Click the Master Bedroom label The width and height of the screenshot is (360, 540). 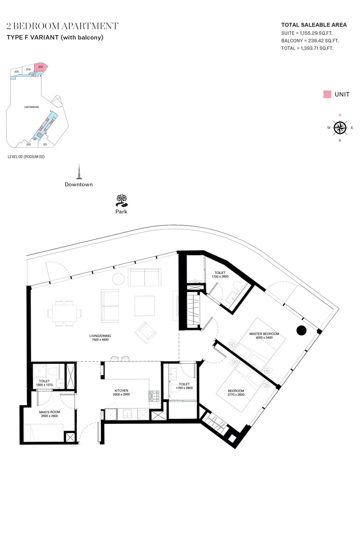[x=264, y=333]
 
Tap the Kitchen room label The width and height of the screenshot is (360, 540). [x=121, y=390]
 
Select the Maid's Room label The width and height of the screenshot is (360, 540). [x=49, y=412]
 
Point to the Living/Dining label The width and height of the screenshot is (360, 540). [x=100, y=336]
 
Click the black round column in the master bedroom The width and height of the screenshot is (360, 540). [x=301, y=330]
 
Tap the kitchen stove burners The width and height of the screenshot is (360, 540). [x=154, y=396]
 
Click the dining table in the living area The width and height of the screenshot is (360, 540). [x=64, y=313]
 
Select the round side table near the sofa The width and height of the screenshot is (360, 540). [x=118, y=279]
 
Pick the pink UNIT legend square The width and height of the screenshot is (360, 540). [x=327, y=94]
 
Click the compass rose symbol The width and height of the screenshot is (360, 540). [x=340, y=128]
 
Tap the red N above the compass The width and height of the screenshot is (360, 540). [x=340, y=115]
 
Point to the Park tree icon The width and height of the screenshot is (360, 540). [x=121, y=201]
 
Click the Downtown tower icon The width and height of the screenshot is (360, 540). [x=79, y=171]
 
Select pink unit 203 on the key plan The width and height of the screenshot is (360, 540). [x=40, y=68]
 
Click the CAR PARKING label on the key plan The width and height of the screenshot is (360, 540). [x=31, y=107]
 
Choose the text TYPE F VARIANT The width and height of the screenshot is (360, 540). [x=33, y=37]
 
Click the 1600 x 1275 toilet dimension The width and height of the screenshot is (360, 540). [x=45, y=385]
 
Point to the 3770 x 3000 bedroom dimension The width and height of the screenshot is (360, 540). [x=236, y=394]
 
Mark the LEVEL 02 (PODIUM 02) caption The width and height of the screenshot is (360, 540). [x=26, y=157]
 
